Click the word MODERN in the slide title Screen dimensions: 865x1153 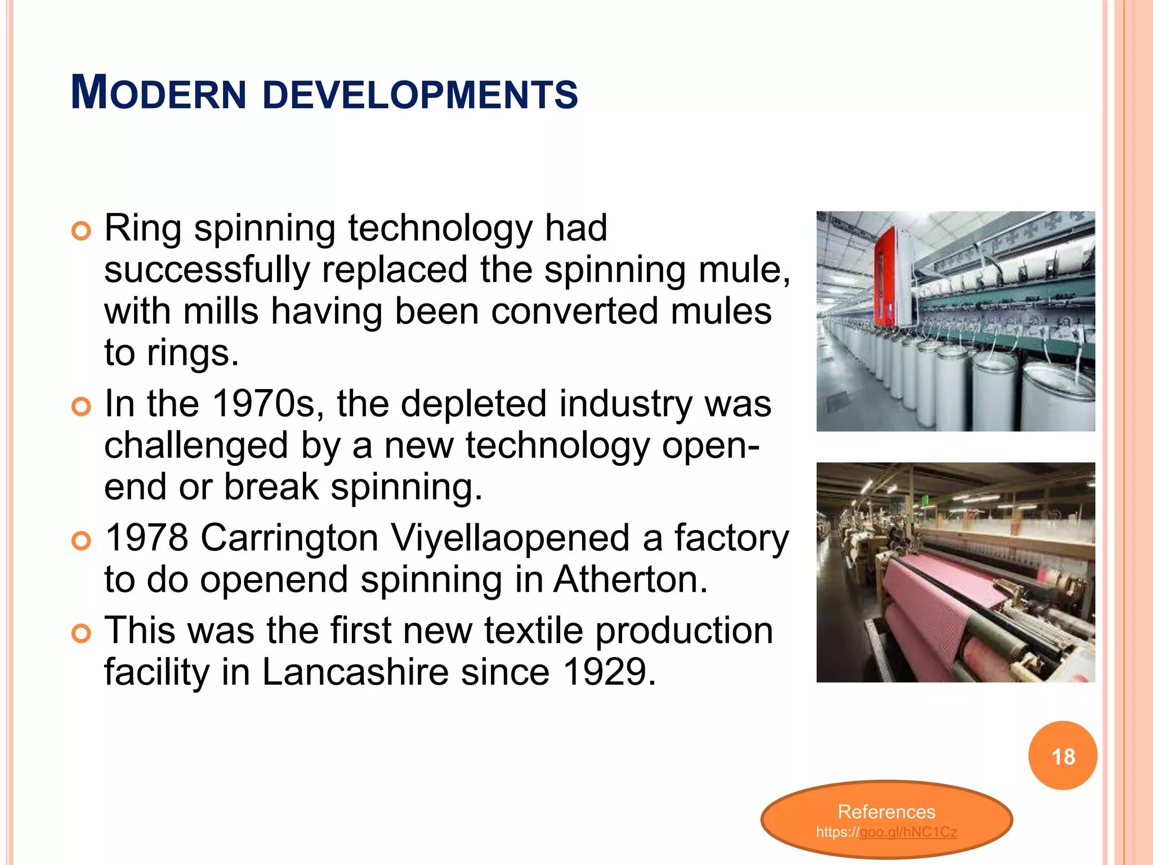[x=159, y=93]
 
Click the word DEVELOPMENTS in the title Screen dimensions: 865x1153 [x=420, y=95]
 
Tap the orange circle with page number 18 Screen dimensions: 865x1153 [x=1062, y=756]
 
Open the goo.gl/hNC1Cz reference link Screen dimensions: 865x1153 [x=908, y=832]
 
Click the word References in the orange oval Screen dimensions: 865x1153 [x=886, y=812]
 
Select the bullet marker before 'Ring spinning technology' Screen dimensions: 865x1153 [x=82, y=231]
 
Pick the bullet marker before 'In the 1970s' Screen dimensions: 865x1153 [x=82, y=407]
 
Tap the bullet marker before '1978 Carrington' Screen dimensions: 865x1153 [x=82, y=541]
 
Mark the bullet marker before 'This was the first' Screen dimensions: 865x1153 [x=82, y=633]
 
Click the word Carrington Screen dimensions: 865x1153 [x=289, y=538]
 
